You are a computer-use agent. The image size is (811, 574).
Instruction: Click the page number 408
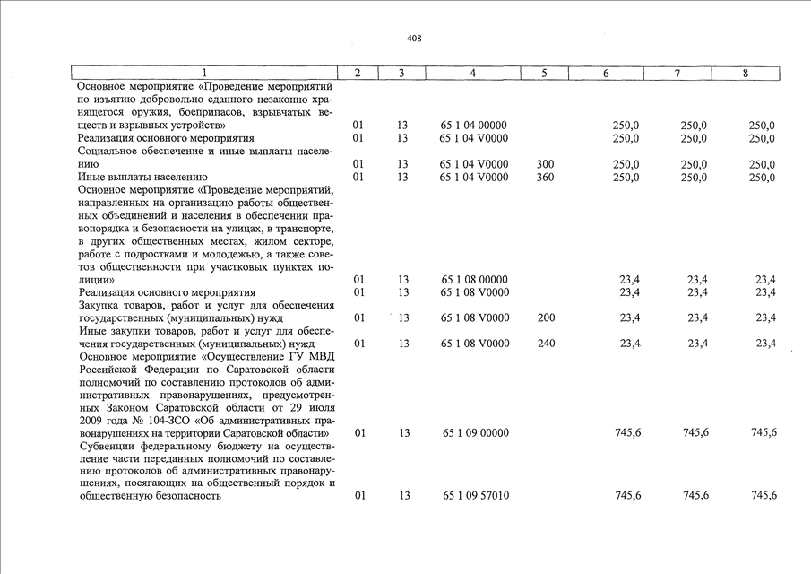tap(413, 39)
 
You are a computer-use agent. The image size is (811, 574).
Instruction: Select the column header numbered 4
tap(473, 73)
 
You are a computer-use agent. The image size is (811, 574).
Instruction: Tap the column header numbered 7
tap(677, 73)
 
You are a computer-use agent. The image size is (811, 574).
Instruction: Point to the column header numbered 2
tap(358, 73)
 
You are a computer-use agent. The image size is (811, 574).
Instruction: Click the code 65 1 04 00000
tap(474, 126)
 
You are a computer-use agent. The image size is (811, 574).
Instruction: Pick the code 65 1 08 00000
tap(474, 280)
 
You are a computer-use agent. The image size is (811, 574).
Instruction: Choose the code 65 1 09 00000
tap(474, 433)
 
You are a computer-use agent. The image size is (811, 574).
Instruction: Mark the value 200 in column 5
tap(545, 318)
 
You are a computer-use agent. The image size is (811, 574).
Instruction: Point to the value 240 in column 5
tap(545, 344)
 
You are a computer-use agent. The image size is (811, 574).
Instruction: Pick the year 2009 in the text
tap(91, 421)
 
